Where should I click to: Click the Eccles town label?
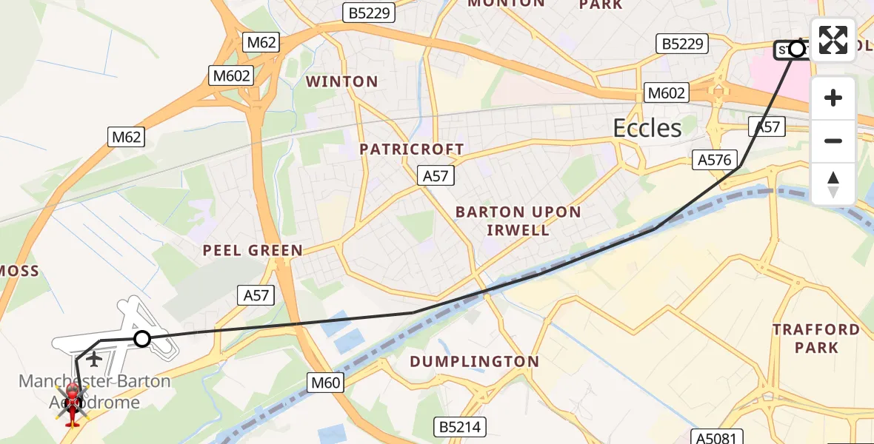647,129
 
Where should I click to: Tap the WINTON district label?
342,81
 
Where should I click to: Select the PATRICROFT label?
412,149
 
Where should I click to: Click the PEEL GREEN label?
253,251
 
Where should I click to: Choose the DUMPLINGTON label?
474,362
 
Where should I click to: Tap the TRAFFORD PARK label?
816,338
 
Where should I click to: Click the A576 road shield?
714,159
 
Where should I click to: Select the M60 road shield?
326,382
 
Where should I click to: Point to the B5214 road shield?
459,426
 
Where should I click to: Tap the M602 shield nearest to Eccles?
667,92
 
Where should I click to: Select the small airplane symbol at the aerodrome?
94,360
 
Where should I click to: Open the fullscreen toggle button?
833,40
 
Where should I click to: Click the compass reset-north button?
833,184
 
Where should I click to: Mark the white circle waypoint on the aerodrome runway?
142,339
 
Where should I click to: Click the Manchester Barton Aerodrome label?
94,392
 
